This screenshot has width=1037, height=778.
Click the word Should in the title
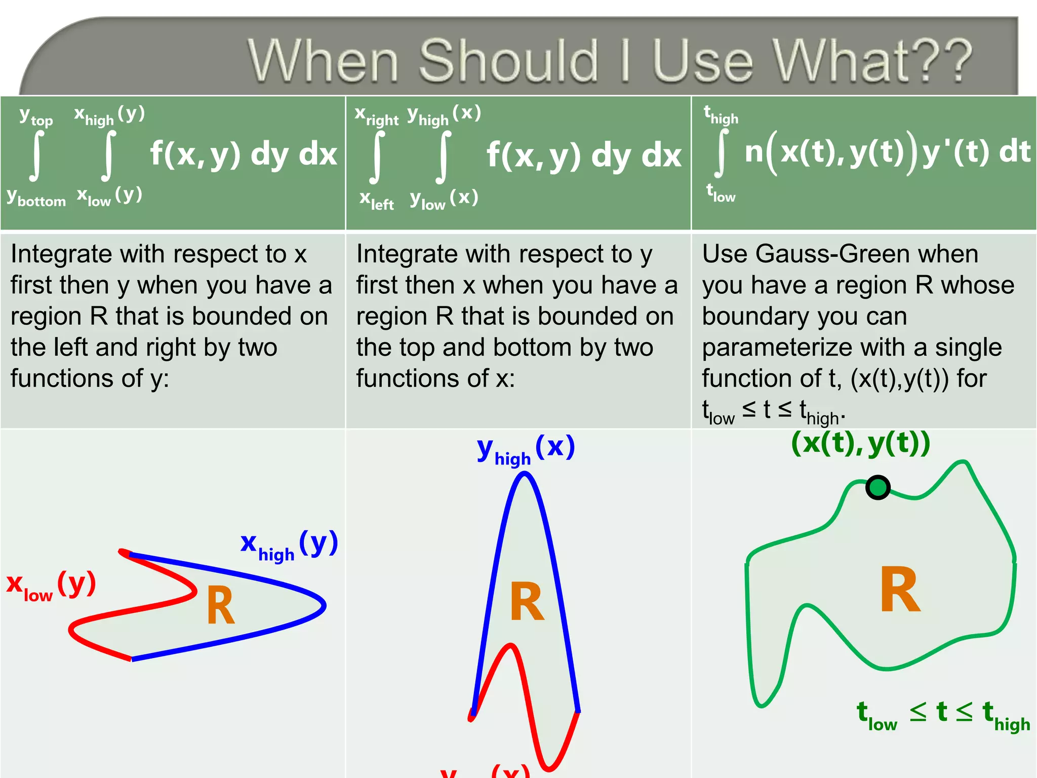pos(508,61)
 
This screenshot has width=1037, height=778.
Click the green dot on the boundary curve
pos(878,487)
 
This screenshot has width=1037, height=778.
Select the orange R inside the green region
pos(900,590)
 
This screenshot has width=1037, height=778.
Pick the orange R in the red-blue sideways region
pos(221,606)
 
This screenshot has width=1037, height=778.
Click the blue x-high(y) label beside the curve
pos(289,546)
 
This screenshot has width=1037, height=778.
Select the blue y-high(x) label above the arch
pos(526,449)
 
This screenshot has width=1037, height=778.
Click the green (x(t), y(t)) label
pos(860,443)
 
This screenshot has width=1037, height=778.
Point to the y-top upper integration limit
pos(36,117)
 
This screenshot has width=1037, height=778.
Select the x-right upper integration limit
pos(376,115)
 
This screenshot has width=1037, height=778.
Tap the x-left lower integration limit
pos(376,201)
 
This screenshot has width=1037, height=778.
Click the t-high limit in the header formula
pos(721,115)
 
